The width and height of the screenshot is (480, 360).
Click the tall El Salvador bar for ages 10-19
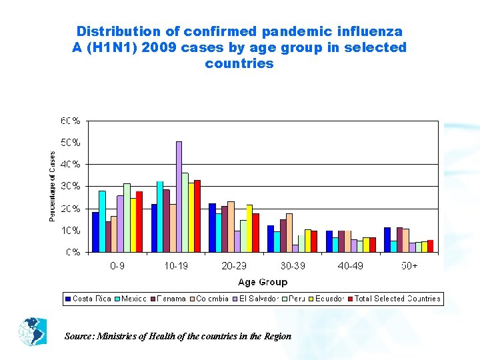coord(179,197)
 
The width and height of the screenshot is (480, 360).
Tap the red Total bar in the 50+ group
coord(430,246)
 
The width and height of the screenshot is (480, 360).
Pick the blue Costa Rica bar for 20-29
coord(212,227)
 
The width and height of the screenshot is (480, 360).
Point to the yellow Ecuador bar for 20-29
coord(249,228)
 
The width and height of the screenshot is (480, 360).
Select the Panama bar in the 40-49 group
coord(341,241)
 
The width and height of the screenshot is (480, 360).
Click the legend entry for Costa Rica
coord(88,299)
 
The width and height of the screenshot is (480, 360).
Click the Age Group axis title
coord(263,282)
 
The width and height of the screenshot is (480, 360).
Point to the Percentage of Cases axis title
coord(53,186)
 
